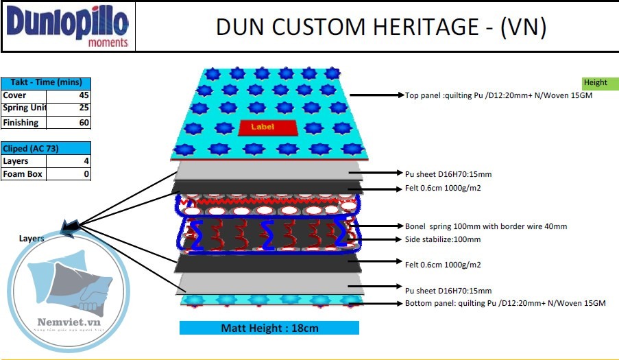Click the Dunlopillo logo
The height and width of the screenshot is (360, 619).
tap(67, 23)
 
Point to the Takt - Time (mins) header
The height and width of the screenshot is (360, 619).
tap(46, 82)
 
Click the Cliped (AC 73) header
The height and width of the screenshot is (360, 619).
tap(46, 148)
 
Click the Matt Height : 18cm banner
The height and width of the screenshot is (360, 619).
tap(269, 328)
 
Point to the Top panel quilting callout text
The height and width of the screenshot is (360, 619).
tap(498, 96)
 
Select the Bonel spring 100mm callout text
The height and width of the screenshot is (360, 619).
tap(485, 226)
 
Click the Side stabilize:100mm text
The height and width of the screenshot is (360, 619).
tap(443, 239)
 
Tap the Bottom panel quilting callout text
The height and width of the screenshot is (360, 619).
tap(505, 303)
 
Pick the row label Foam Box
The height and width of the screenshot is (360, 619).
tap(23, 174)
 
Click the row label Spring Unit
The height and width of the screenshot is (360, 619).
tap(25, 108)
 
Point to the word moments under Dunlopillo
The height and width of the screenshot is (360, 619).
tap(108, 43)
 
